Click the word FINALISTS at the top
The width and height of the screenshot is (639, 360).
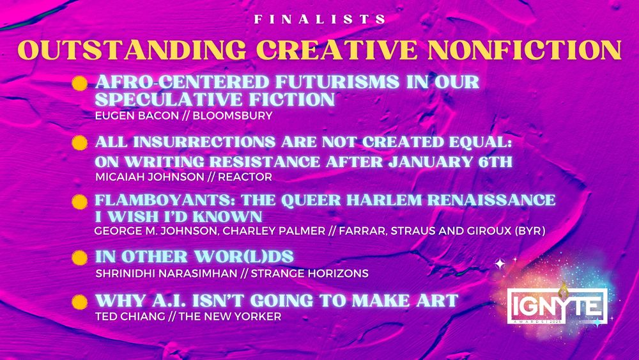(x=319, y=20)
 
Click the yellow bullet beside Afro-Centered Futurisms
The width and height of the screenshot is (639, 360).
(x=79, y=84)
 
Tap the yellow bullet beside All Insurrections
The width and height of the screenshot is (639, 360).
(x=79, y=142)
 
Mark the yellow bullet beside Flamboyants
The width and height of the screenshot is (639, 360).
(x=79, y=202)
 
